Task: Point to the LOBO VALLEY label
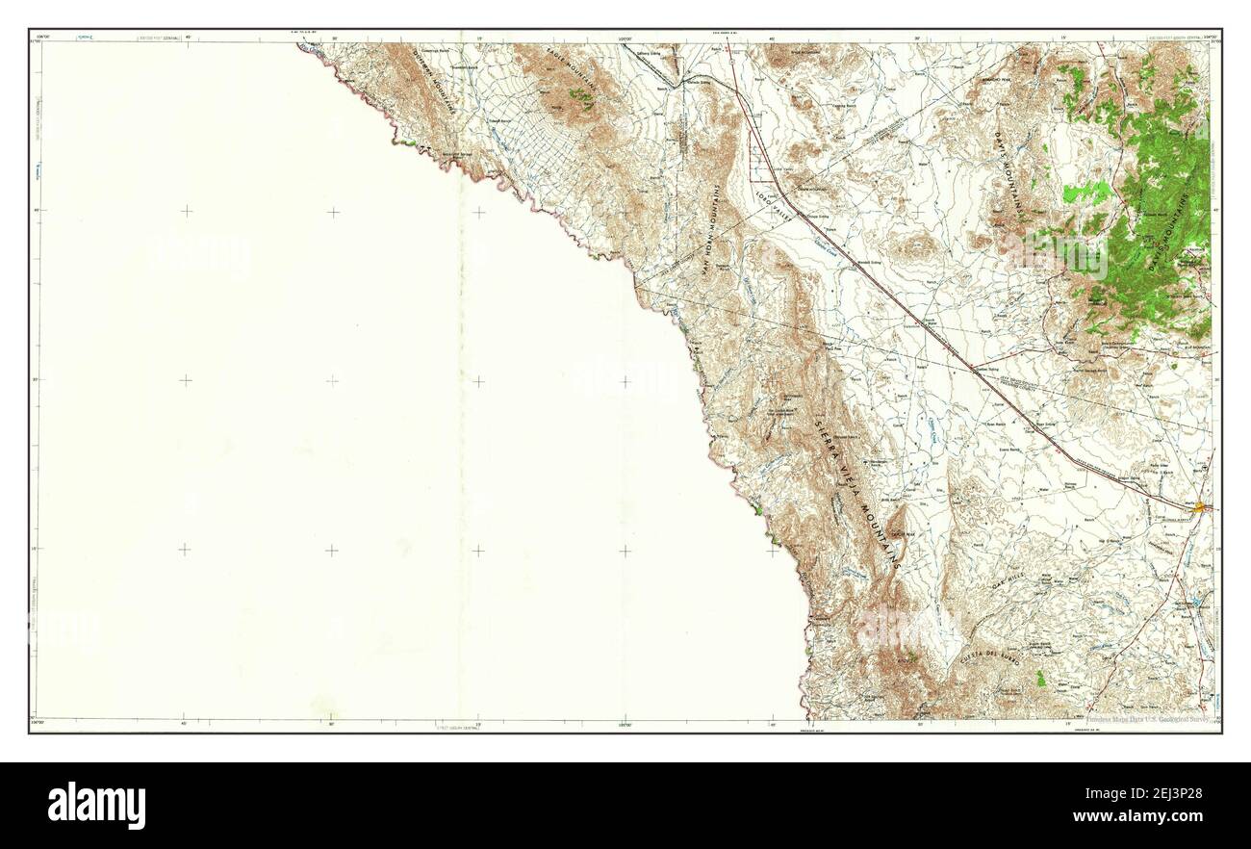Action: point(774,208)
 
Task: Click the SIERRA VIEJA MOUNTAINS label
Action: point(856,491)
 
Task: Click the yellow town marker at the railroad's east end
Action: point(1204,504)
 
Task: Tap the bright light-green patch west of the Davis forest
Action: point(1087,193)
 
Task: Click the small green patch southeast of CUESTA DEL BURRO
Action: point(1039,679)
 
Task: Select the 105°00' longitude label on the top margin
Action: point(625,36)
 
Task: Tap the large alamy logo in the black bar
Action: point(96,805)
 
